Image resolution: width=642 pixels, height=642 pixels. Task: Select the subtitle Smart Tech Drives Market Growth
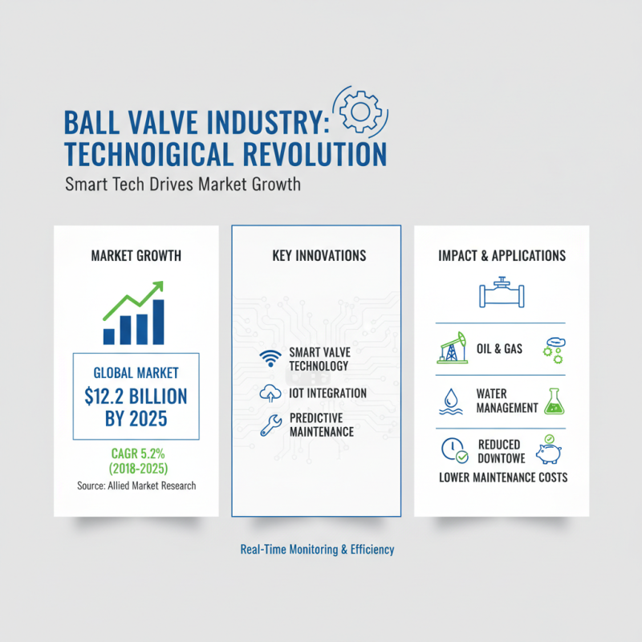click(x=182, y=185)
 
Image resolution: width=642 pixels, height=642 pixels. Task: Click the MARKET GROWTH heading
click(x=136, y=256)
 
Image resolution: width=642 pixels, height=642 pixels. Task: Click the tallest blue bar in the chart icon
click(x=158, y=321)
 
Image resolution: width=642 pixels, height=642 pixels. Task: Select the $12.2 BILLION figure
click(x=136, y=396)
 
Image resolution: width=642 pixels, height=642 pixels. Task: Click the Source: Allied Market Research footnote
click(x=136, y=486)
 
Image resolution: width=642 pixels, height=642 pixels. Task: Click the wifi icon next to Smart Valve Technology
click(x=267, y=359)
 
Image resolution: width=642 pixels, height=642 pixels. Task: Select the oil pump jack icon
click(x=450, y=348)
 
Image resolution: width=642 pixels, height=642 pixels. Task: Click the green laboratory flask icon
click(x=553, y=400)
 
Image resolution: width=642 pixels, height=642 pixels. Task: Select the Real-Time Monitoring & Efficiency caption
click(x=318, y=551)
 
